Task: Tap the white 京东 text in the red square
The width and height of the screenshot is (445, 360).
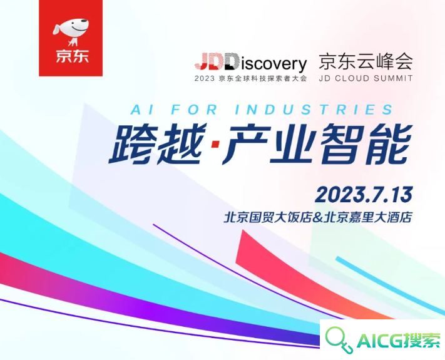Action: click(72, 56)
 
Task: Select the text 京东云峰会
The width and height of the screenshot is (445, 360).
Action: click(366, 61)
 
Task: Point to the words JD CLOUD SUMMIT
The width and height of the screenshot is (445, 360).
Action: click(366, 78)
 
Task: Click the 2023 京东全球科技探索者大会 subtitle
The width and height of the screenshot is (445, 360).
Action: click(251, 78)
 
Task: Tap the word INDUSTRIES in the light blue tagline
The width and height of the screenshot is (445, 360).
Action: click(314, 110)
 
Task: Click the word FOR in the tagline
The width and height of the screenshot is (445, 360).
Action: click(195, 110)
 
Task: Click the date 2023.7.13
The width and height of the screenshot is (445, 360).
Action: click(364, 195)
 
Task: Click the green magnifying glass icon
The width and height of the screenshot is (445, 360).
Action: click(338, 339)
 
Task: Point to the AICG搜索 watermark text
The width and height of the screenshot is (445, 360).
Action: click(398, 339)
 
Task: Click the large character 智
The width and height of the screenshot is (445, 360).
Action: click(341, 145)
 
